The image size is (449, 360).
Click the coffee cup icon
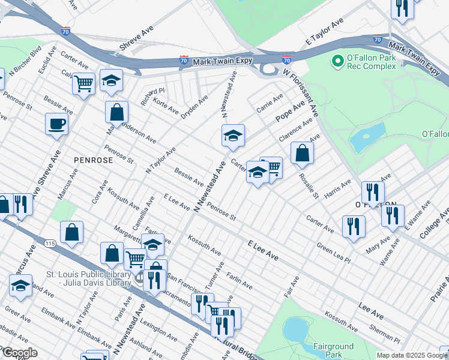[56, 124]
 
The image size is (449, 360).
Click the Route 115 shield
[49, 242]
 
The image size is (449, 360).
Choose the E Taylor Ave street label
[324, 31]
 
